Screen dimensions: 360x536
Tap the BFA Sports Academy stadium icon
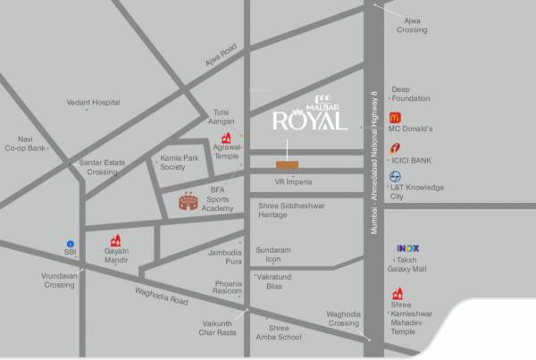pos(188,203)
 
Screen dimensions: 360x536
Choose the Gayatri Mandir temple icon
pos(115,241)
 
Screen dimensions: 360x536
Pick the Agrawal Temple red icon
pos(227,138)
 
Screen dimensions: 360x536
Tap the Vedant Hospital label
pos(93,103)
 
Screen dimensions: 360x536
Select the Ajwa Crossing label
pos(412,25)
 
